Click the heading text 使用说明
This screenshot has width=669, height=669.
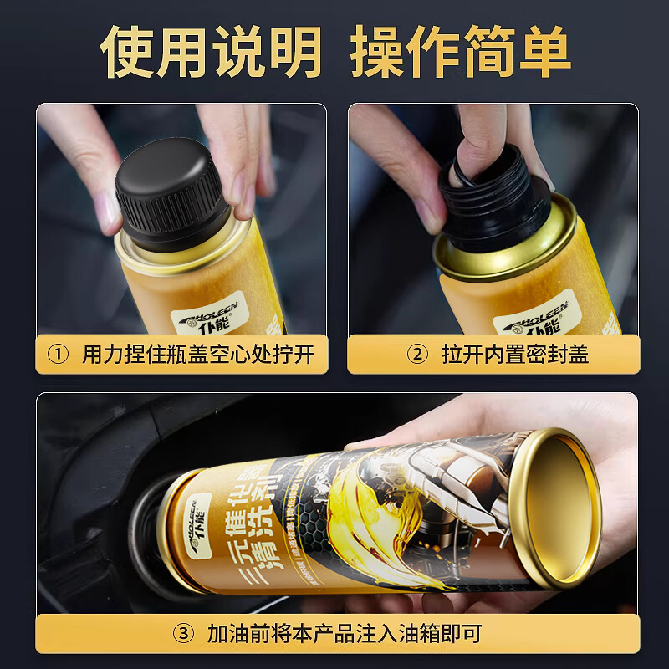point(211,52)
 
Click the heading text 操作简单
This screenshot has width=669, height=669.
point(460,52)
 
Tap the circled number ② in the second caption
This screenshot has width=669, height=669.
point(416,355)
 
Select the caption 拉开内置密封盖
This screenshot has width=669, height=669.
point(515,355)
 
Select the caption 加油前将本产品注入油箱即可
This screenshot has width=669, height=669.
point(345,633)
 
